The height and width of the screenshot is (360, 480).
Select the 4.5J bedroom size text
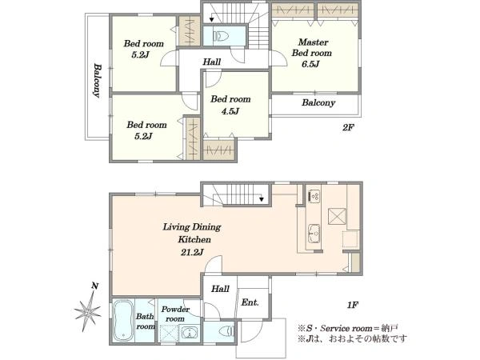(x=230, y=111)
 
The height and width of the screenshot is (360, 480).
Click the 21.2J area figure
(x=192, y=252)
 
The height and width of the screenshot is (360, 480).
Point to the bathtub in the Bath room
(x=123, y=321)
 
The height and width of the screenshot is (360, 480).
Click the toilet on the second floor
(x=221, y=36)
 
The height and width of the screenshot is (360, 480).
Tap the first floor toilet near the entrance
(x=227, y=331)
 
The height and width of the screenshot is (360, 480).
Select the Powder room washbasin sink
(x=189, y=333)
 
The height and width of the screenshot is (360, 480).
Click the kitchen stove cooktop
(x=314, y=196)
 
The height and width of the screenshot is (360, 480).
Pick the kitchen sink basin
(x=314, y=234)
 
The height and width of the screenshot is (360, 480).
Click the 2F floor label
(x=348, y=127)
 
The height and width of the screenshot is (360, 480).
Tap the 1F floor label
(x=352, y=305)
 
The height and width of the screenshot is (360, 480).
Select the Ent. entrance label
(x=250, y=302)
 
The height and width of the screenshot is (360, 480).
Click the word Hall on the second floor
(x=212, y=62)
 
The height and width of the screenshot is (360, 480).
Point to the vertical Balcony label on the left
(x=98, y=80)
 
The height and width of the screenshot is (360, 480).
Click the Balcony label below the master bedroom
(x=318, y=103)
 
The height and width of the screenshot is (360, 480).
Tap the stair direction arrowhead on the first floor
(x=262, y=199)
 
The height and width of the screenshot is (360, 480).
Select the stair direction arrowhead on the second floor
(x=211, y=20)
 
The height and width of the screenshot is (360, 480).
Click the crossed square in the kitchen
(x=337, y=216)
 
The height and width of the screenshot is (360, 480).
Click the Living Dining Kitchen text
(x=192, y=233)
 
